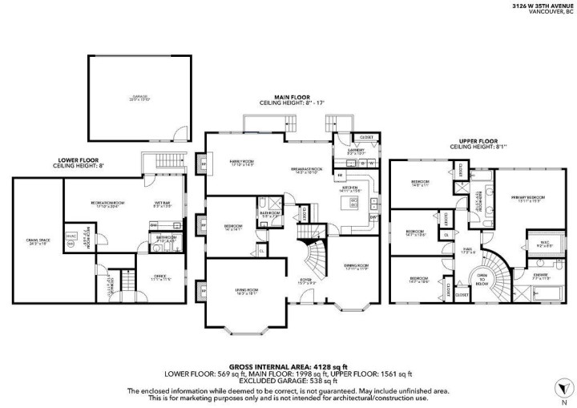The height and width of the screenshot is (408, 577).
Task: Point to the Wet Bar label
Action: pyautogui.click(x=161, y=204)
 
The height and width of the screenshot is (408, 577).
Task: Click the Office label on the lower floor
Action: pyautogui.click(x=160, y=278)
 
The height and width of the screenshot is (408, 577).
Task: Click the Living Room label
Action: pyautogui.click(x=246, y=291)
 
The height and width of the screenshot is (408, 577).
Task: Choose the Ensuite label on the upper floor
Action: pyautogui.click(x=541, y=277)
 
